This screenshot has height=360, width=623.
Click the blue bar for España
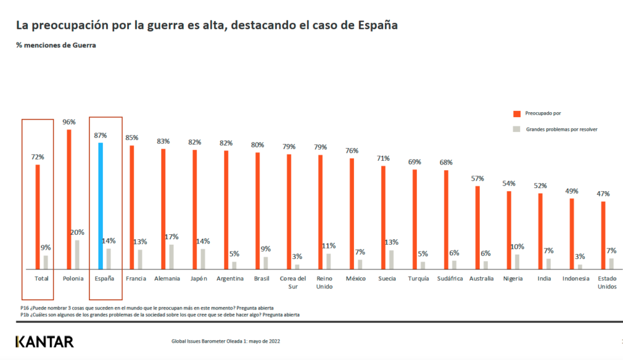pyautogui.click(x=100, y=206)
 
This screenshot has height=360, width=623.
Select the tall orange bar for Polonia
pyautogui.click(x=69, y=199)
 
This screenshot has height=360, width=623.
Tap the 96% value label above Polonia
pyautogui.click(x=69, y=122)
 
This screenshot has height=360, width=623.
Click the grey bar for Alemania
pyautogui.click(x=171, y=257)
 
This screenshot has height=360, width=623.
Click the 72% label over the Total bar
pyautogui.click(x=37, y=157)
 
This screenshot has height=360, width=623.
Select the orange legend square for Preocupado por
pyautogui.click(x=516, y=113)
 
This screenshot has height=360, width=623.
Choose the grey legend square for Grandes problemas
pyautogui.click(x=516, y=129)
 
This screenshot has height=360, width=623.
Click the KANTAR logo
pyautogui.click(x=44, y=341)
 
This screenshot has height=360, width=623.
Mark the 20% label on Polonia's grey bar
pyautogui.click(x=77, y=232)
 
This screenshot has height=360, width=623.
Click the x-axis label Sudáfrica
pyautogui.click(x=450, y=278)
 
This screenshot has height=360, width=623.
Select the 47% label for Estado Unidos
pyautogui.click(x=603, y=194)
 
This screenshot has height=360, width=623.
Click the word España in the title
pyautogui.click(x=375, y=26)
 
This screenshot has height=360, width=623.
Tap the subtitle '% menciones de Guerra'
pyautogui.click(x=56, y=45)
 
